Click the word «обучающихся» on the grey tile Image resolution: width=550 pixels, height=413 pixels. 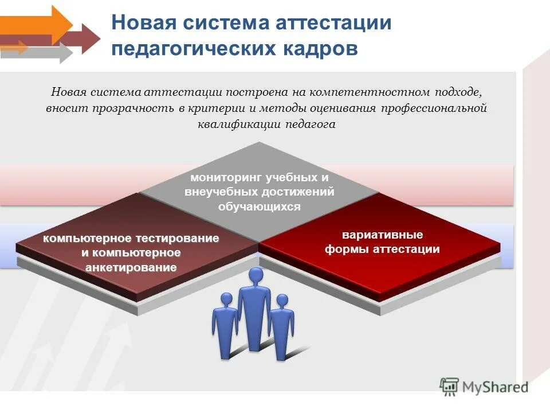click(x=259, y=206)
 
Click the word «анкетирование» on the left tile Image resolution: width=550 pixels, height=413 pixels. click(x=131, y=267)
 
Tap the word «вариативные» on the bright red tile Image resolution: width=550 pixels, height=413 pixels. click(x=383, y=235)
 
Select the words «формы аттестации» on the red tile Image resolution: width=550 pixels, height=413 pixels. click(x=382, y=249)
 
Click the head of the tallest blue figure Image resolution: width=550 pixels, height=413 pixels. click(x=256, y=276)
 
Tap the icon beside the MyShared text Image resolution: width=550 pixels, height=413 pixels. click(x=450, y=387)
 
